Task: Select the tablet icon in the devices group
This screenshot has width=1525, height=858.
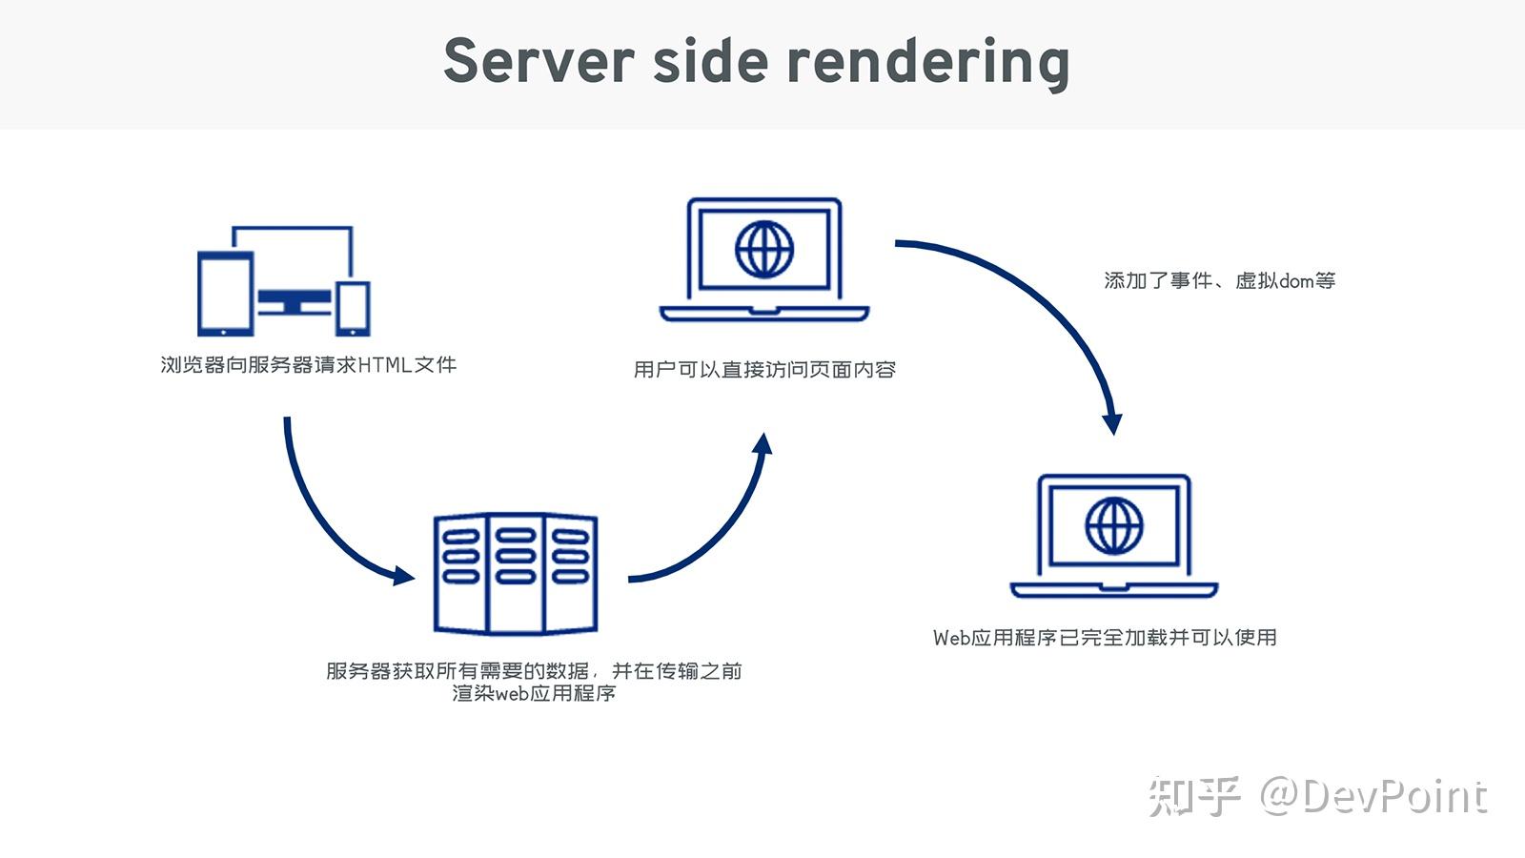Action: click(x=225, y=293)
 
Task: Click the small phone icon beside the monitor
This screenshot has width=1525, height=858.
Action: click(x=353, y=308)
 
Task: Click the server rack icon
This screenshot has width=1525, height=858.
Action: click(x=515, y=573)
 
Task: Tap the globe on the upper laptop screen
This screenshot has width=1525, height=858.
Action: click(x=764, y=249)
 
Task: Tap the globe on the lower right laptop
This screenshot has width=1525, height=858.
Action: click(x=1113, y=525)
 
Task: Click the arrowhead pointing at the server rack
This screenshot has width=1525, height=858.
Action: click(x=404, y=575)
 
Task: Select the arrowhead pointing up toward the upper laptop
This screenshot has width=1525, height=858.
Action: click(x=762, y=445)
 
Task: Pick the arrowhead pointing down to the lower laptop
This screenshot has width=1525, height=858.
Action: click(x=1111, y=423)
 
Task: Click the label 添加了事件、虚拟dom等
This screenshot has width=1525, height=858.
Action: click(x=1219, y=280)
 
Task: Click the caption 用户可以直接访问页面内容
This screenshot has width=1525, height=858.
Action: click(x=764, y=370)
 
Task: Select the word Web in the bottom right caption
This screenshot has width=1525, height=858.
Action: click(x=951, y=638)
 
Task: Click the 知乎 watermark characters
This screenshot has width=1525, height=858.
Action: click(x=1194, y=797)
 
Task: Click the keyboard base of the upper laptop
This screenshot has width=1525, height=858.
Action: click(x=764, y=314)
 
